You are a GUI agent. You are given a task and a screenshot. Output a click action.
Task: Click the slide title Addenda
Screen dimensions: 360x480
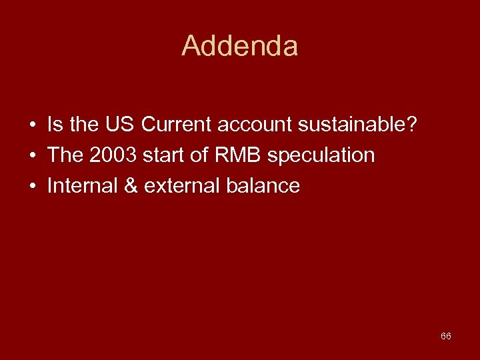[239, 46]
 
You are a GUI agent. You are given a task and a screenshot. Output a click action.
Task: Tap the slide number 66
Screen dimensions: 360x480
[445, 336]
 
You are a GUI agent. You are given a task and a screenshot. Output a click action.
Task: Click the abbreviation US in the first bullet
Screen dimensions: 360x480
[123, 125]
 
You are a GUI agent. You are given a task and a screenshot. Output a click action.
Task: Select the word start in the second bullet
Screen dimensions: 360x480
[159, 155]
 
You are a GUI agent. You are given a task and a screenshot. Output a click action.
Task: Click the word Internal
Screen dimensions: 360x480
[83, 186]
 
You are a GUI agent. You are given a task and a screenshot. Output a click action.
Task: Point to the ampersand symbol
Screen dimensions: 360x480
[131, 186]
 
